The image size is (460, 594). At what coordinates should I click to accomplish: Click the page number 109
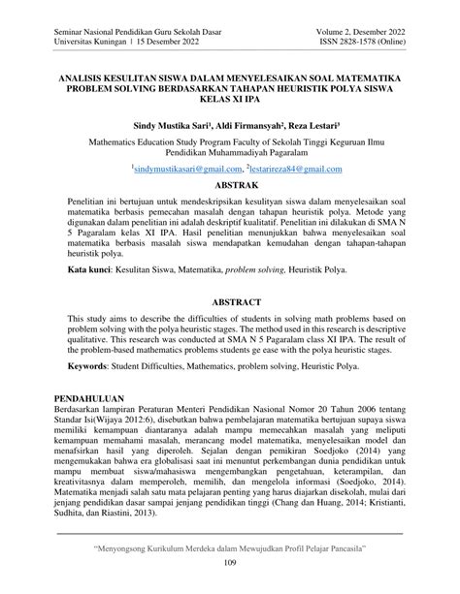pos(230,564)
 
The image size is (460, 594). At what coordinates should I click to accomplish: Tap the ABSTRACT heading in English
pos(230,302)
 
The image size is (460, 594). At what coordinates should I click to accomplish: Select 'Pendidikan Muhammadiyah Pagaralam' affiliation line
pos(230,153)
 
